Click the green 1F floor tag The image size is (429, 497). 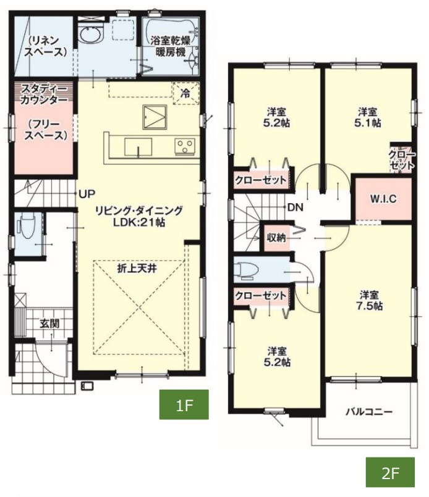(x=184, y=404)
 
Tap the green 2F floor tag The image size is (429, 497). (x=390, y=472)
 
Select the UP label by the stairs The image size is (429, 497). (x=87, y=194)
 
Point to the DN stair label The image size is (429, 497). (x=295, y=207)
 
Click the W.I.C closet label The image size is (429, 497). (x=383, y=199)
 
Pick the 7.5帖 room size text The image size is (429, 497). (x=370, y=306)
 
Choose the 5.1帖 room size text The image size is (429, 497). (x=368, y=123)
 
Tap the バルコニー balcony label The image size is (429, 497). (x=369, y=412)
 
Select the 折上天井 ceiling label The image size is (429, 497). (x=137, y=269)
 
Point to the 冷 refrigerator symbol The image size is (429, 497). (x=185, y=93)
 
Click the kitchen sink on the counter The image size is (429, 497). (x=138, y=147)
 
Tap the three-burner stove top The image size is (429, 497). (x=184, y=147)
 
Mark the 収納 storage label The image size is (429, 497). (x=276, y=238)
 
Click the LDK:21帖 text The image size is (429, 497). (x=139, y=222)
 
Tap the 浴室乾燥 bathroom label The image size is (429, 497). (x=171, y=41)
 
